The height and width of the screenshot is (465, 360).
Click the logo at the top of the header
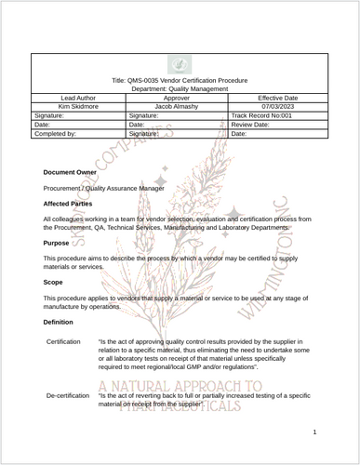tap(180, 64)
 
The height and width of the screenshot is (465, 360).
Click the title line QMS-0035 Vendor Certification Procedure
tap(180, 81)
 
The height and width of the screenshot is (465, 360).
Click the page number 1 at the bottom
tap(315, 432)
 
